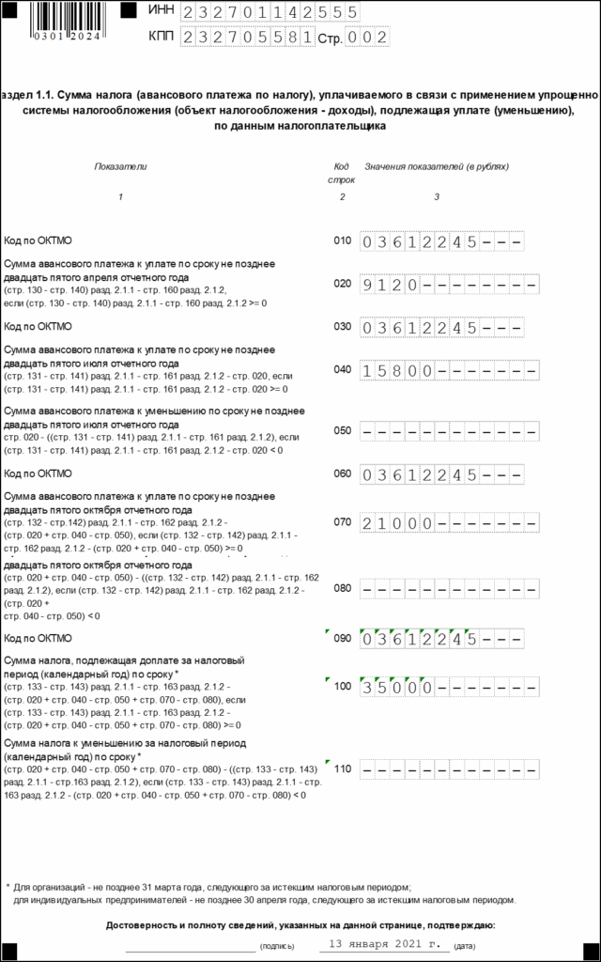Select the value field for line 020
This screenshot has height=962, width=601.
click(450, 284)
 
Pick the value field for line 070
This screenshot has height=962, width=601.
click(450, 521)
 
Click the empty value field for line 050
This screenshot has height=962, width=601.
click(450, 431)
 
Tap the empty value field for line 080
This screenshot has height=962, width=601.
click(450, 589)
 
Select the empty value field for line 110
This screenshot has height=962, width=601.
click(450, 769)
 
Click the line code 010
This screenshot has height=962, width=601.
click(342, 241)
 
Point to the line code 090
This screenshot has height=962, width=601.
click(342, 639)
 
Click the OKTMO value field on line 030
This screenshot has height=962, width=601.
click(441, 327)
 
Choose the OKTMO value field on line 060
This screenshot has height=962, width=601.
click(441, 474)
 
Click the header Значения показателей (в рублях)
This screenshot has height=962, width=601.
click(437, 166)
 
